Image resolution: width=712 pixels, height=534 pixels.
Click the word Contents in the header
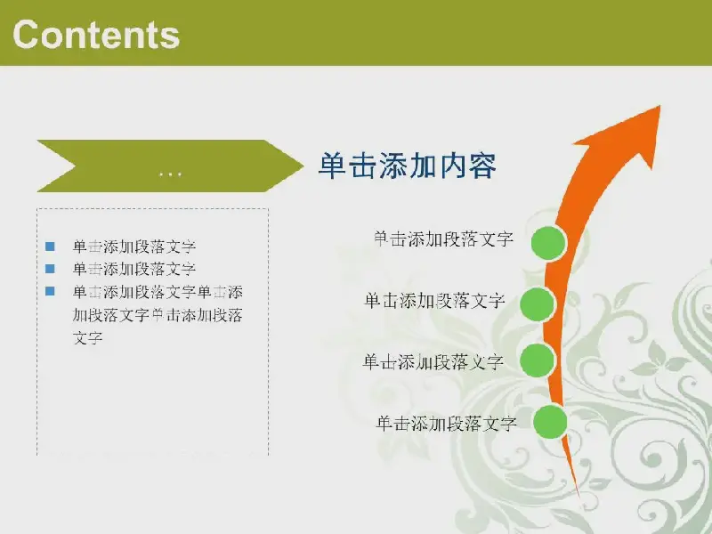pyautogui.click(x=96, y=35)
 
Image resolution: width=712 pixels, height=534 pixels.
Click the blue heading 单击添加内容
pyautogui.click(x=408, y=166)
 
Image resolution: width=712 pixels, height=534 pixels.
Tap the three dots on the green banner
pyautogui.click(x=170, y=174)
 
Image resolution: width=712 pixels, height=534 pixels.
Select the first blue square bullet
pyautogui.click(x=50, y=247)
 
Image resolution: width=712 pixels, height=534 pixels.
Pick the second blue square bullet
pyautogui.click(x=50, y=269)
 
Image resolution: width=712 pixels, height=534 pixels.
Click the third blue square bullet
pyautogui.click(x=50, y=291)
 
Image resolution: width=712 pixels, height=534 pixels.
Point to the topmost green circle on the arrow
pyautogui.click(x=549, y=243)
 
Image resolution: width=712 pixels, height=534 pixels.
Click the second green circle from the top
pyautogui.click(x=538, y=304)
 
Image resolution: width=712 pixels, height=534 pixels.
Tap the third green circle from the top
pyautogui.click(x=538, y=360)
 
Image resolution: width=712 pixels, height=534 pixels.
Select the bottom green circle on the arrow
pyautogui.click(x=550, y=422)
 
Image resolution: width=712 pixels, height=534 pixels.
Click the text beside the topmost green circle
pyautogui.click(x=443, y=239)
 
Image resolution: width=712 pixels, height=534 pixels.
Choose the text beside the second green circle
pyautogui.click(x=434, y=301)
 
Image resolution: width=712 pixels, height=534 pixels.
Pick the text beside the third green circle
pyautogui.click(x=433, y=362)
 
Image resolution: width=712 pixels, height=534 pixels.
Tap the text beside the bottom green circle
pyautogui.click(x=447, y=424)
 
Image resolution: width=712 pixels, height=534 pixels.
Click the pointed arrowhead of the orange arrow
pyautogui.click(x=659, y=108)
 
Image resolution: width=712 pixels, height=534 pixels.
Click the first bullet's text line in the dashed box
pyautogui.click(x=134, y=247)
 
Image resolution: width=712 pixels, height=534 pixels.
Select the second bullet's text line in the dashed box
pyautogui.click(x=134, y=269)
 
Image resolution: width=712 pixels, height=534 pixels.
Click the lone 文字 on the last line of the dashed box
pyautogui.click(x=87, y=338)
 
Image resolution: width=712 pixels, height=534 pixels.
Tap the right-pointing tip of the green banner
pyautogui.click(x=303, y=166)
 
